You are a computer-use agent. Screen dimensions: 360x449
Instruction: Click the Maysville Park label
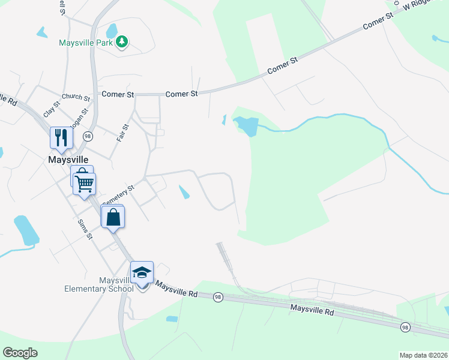(x=86, y=43)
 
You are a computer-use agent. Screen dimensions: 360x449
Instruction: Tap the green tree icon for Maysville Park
(x=122, y=41)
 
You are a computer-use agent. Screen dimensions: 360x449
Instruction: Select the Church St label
(x=76, y=97)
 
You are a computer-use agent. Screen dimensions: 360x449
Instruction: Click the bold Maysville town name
(x=68, y=159)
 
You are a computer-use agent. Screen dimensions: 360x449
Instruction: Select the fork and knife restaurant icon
(x=61, y=138)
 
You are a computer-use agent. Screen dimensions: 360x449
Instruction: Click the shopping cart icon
(x=85, y=183)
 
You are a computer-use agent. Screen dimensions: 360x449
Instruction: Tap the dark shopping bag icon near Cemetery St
(x=113, y=217)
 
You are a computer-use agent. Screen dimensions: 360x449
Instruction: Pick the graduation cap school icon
(x=142, y=273)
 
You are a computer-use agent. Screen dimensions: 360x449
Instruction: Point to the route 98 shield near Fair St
(x=88, y=136)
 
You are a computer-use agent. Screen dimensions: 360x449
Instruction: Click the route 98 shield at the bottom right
(x=406, y=327)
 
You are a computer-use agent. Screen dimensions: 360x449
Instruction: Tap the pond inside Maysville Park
(x=112, y=30)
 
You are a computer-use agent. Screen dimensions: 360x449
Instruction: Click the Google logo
(x=20, y=353)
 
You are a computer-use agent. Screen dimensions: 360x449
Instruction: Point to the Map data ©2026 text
(x=423, y=355)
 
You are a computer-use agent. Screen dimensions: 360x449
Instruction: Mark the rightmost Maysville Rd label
(x=312, y=311)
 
